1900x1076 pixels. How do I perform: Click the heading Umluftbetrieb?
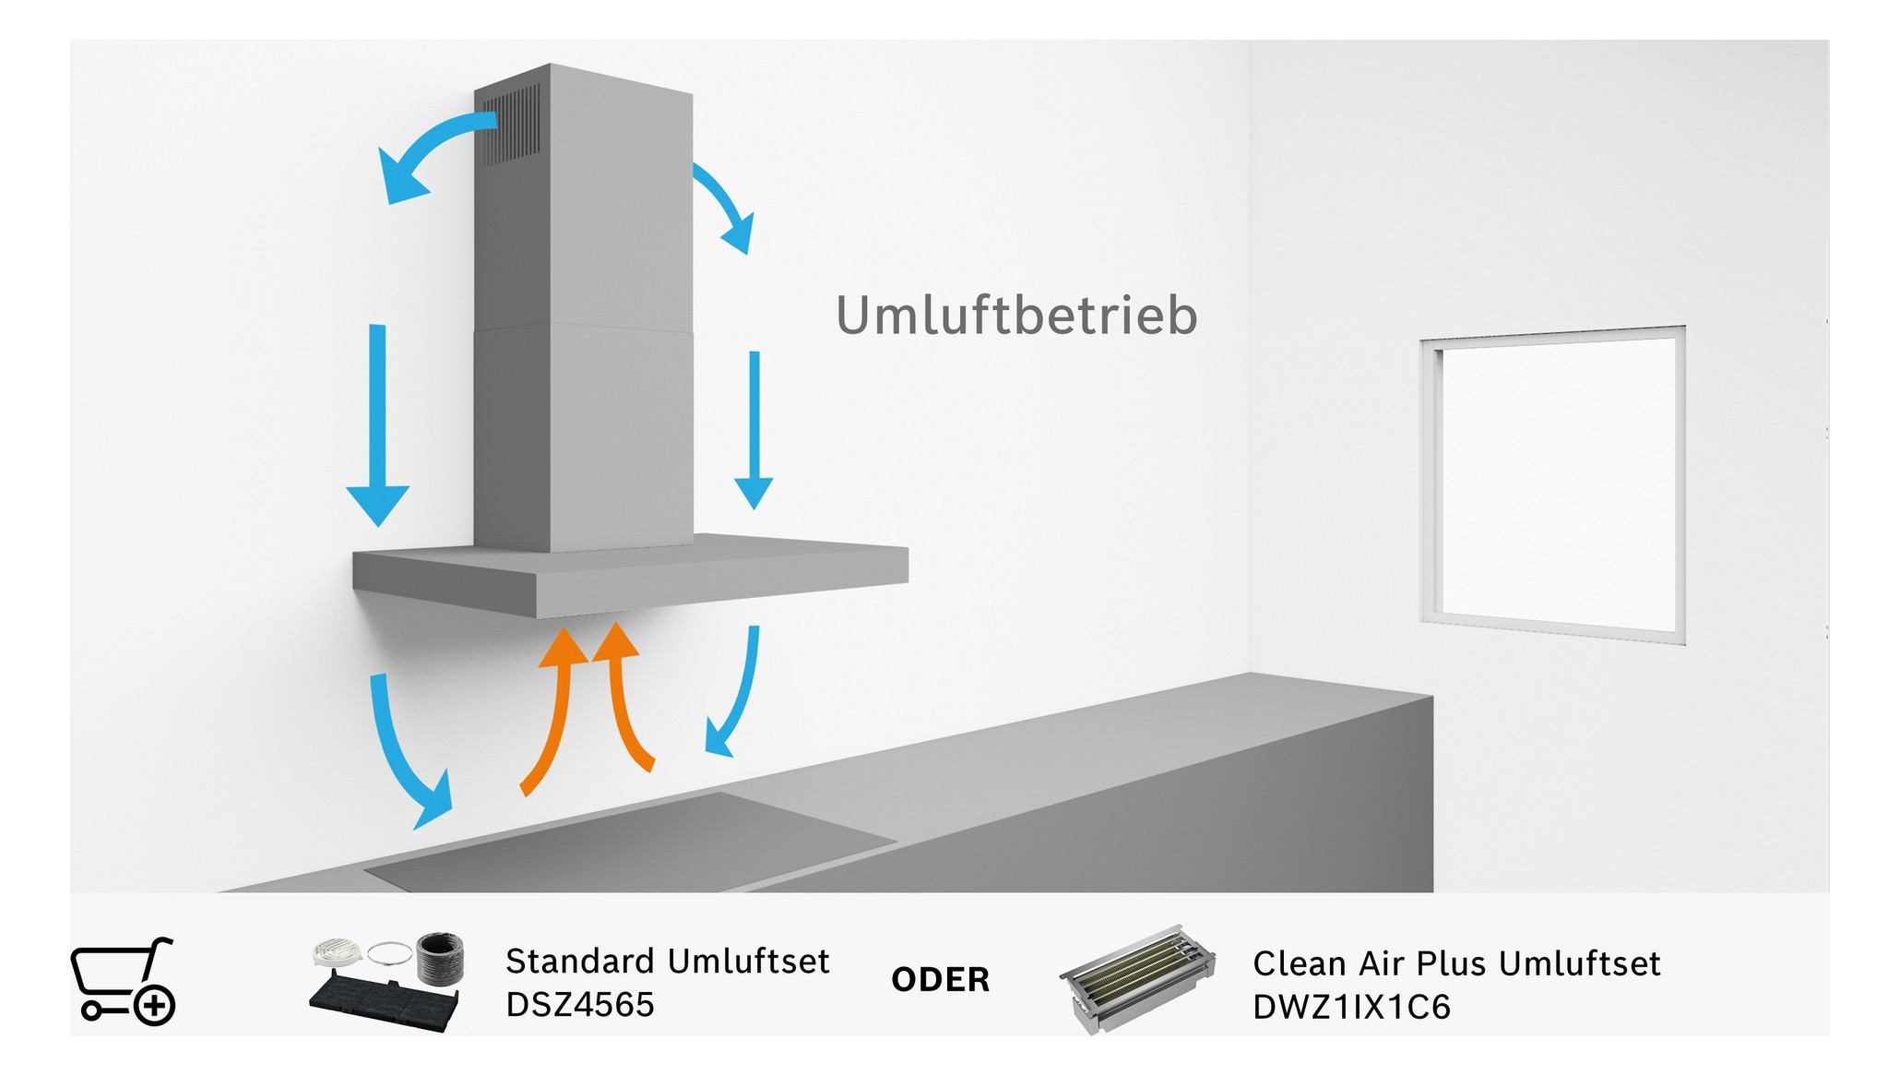pyautogui.click(x=1016, y=316)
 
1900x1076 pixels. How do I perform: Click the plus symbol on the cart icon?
pyautogui.click(x=154, y=1005)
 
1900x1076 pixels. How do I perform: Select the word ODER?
pyautogui.click(x=940, y=979)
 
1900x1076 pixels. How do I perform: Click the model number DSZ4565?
pyautogui.click(x=580, y=1004)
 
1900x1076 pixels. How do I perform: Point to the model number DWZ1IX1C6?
pyautogui.click(x=1351, y=1007)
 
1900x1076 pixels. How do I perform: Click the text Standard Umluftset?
pyautogui.click(x=668, y=962)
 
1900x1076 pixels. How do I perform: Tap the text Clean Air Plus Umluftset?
pyautogui.click(x=1456, y=963)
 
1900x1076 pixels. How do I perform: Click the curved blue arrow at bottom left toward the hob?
pyautogui.click(x=407, y=756)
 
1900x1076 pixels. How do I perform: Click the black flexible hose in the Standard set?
pyautogui.click(x=440, y=958)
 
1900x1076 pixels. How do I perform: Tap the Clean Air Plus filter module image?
pyautogui.click(x=1137, y=978)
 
